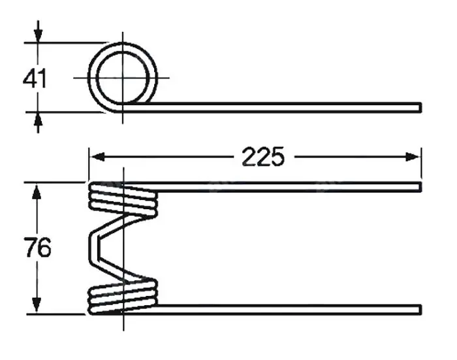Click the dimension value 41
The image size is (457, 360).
(35, 79)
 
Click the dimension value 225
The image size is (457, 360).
(262, 157)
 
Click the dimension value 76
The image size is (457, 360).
(38, 248)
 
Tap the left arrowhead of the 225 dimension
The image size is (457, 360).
(97, 157)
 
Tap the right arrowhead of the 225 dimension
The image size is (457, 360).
(413, 157)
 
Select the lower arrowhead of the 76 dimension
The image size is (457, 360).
(37, 305)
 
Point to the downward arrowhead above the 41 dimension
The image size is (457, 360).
(38, 35)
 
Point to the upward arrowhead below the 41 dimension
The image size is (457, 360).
(38, 120)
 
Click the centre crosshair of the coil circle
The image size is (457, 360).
(123, 78)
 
